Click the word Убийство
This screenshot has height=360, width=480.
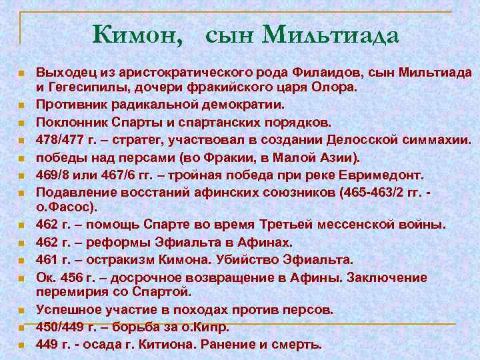(243, 259)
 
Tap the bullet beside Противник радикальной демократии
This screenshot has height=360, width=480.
(22, 106)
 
